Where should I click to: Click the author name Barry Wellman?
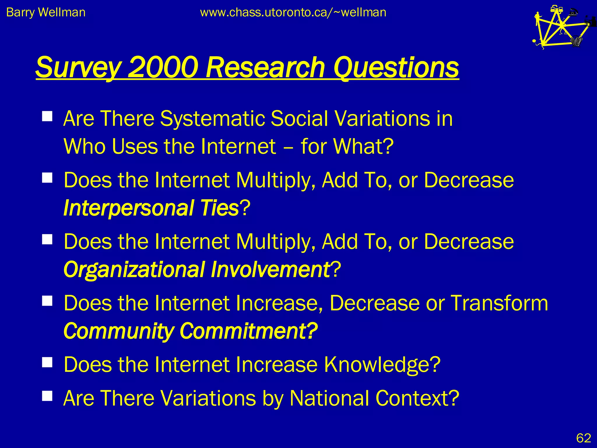[x=46, y=13]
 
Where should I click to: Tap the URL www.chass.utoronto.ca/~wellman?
[x=293, y=13]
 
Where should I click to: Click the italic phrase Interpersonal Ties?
[x=151, y=208]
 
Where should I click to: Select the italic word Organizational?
[x=134, y=269]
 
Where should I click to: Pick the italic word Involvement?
[x=270, y=269]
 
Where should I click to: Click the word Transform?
[x=499, y=303]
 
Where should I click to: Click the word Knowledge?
[x=382, y=365]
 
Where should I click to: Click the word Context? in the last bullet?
[x=417, y=398]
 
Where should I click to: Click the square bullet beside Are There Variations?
[x=47, y=396]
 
